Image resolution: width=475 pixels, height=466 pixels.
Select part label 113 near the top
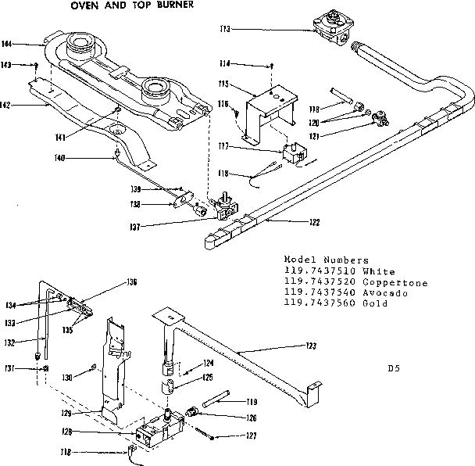tap(225, 30)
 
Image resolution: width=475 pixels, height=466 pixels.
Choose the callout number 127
tap(251, 437)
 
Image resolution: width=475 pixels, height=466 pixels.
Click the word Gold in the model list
tap(377, 303)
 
